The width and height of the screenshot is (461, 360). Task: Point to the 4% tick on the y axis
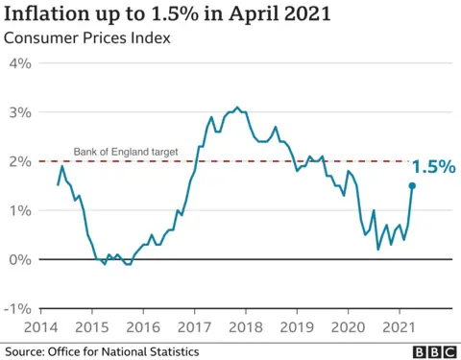[x=20, y=63]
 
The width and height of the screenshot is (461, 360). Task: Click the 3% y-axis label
[x=20, y=112]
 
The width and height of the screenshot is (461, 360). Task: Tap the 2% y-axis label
[x=20, y=161]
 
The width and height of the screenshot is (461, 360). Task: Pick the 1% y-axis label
[x=20, y=210]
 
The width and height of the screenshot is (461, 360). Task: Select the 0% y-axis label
[x=20, y=259]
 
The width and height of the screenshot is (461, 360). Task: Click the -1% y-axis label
[x=18, y=308]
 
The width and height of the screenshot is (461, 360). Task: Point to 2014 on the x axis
[x=40, y=327]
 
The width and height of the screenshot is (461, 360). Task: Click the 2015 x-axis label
[x=92, y=327]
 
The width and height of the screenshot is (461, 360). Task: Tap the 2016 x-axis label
[x=143, y=327]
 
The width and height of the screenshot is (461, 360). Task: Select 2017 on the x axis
[x=194, y=327]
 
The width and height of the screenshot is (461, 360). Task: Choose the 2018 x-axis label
[x=245, y=327]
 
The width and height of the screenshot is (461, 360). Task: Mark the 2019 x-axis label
[x=296, y=327]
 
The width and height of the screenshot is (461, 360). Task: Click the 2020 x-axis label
[x=347, y=327]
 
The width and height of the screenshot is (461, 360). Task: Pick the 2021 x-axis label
[x=398, y=327]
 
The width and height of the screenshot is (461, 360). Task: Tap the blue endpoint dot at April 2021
[x=412, y=186]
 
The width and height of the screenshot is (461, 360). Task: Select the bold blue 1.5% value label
[x=433, y=166]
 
